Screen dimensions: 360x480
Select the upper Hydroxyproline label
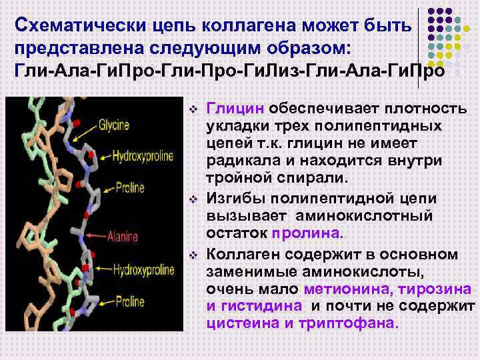143,156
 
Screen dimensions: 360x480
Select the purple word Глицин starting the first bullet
237,108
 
